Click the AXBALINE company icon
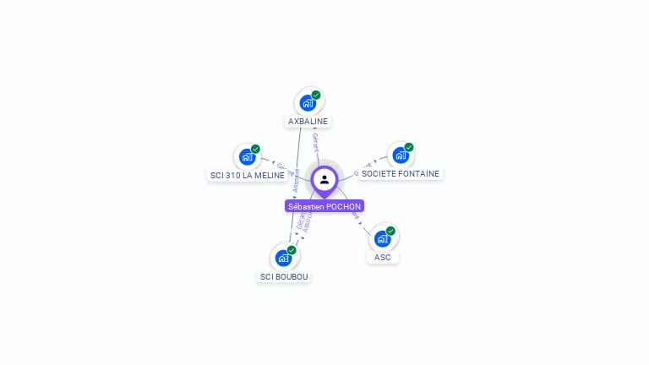point(308,102)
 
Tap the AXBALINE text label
point(308,122)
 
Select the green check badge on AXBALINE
point(316,95)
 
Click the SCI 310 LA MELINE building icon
point(247,156)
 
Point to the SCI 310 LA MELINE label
point(247,176)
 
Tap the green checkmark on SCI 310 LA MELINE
point(255,149)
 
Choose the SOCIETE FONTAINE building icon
point(401,155)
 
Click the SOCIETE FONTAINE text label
point(401,174)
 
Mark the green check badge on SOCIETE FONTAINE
point(409,147)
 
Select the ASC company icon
point(382,238)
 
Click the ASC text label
point(383,257)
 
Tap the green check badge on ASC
point(390,231)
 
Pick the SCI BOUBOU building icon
point(283,258)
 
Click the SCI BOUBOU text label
point(284,277)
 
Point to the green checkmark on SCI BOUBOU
point(292,250)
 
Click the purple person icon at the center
point(324,179)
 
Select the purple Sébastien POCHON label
point(324,206)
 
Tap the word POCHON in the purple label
point(344,206)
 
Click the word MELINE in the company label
point(270,176)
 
